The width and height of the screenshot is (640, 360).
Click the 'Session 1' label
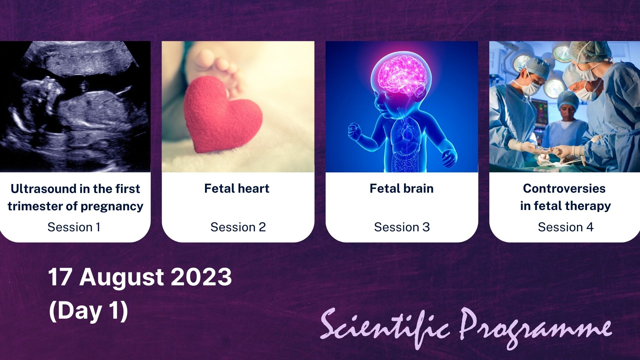(74, 227)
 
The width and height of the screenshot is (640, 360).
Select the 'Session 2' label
(238, 227)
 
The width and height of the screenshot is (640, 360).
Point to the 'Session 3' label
(402, 227)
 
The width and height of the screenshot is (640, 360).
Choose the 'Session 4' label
(566, 227)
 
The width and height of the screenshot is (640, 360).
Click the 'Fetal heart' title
(237, 189)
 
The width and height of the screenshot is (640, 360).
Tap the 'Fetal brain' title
(402, 189)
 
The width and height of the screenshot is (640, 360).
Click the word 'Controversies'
(564, 189)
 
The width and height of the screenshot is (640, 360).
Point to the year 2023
(201, 277)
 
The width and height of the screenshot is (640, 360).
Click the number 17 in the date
(61, 277)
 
